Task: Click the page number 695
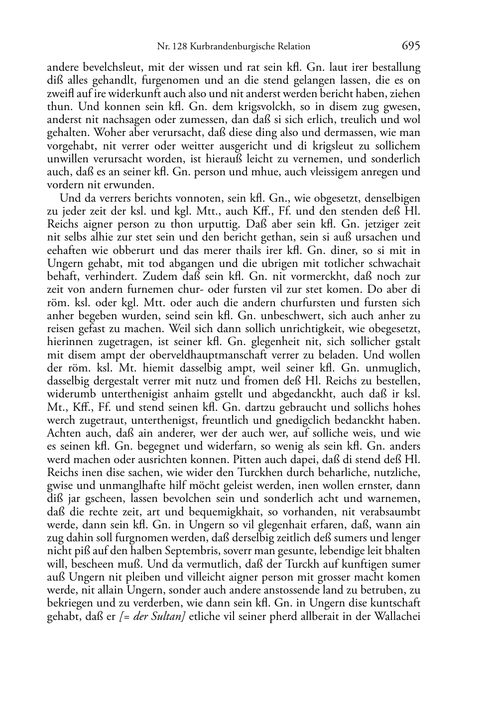411,46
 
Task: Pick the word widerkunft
194,94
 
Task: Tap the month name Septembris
164,551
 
